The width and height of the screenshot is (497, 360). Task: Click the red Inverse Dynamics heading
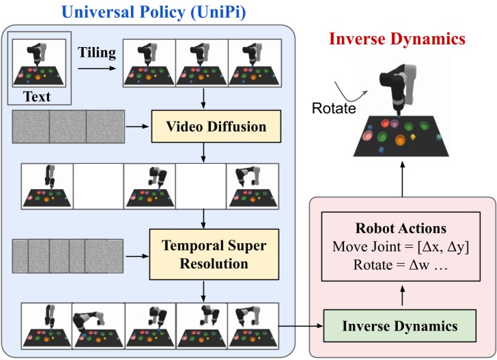coord(397,38)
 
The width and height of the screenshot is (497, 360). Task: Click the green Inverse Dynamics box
coord(399,326)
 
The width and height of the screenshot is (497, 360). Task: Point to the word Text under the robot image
coord(38,96)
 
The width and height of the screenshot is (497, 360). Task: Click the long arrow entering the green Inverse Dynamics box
coord(300,326)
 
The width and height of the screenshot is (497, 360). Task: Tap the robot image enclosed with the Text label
coord(38,64)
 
